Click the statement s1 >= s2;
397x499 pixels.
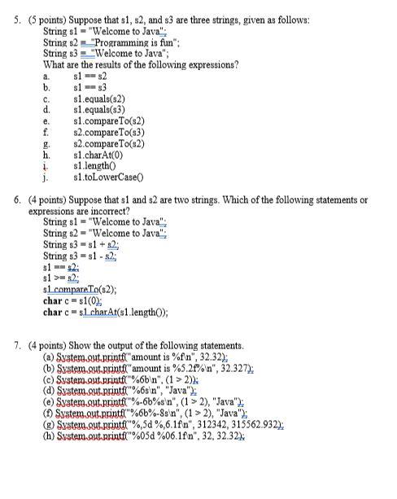61,277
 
